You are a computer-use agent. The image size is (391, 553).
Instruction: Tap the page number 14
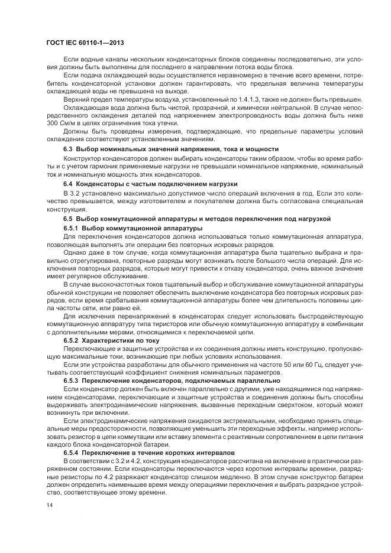(x=49, y=506)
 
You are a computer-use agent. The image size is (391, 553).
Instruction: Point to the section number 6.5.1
(x=72, y=227)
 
